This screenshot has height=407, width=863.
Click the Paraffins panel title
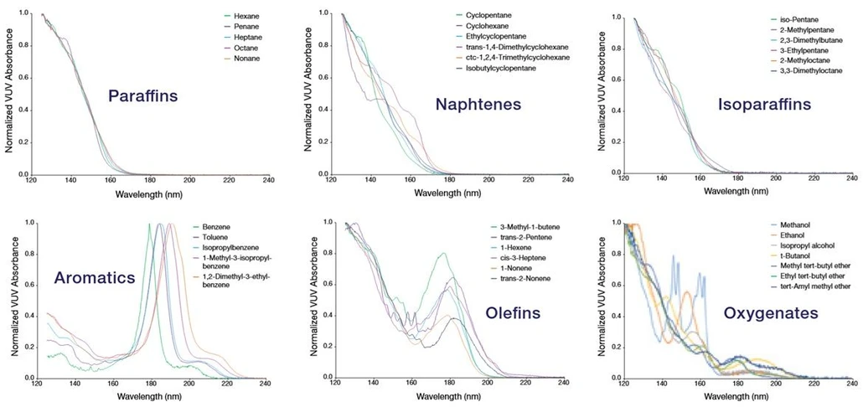(x=142, y=96)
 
